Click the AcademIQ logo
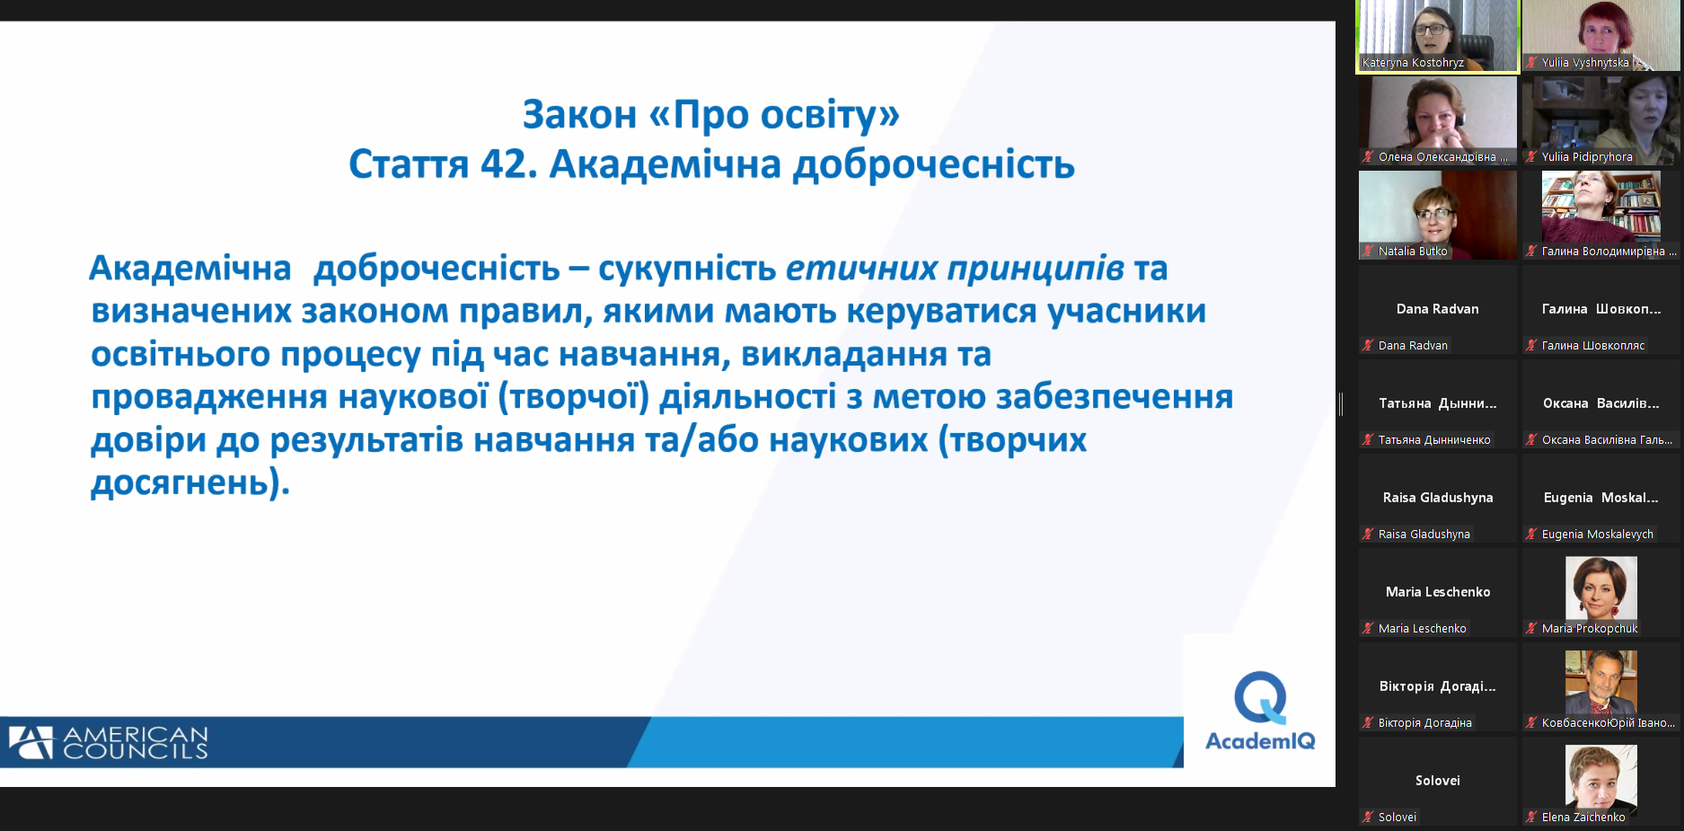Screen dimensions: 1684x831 point(1260,711)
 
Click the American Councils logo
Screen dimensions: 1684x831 point(109,743)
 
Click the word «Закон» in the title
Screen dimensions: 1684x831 point(579,114)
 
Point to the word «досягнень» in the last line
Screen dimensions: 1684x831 point(180,483)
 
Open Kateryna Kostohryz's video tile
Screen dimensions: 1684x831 point(1438,36)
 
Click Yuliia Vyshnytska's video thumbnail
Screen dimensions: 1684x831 point(1601,36)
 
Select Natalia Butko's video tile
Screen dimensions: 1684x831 point(1438,215)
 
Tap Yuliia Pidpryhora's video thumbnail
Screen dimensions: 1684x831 point(1601,120)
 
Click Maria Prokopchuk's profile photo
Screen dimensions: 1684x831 point(1601,588)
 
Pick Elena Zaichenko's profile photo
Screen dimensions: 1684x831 point(1601,776)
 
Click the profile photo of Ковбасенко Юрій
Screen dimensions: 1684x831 point(1601,682)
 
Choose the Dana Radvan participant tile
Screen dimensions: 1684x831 point(1438,309)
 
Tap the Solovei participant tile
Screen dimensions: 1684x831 point(1438,781)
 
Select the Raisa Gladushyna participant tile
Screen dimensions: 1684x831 point(1438,498)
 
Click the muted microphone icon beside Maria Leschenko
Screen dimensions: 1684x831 point(1368,629)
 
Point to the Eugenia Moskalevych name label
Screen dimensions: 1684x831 point(1598,535)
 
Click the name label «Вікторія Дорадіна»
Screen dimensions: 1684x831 point(1425,723)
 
